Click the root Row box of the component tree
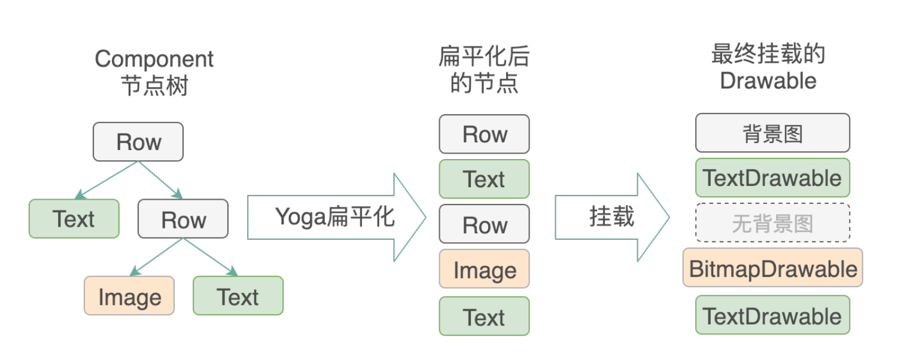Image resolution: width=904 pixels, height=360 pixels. (x=138, y=142)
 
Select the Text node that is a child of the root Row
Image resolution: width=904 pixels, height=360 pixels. (x=74, y=219)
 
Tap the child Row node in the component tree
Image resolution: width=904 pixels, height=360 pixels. (x=183, y=219)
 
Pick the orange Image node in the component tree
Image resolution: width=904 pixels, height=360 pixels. (x=129, y=296)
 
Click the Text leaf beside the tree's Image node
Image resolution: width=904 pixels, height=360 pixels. (x=238, y=296)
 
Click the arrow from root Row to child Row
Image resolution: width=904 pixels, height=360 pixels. (x=160, y=179)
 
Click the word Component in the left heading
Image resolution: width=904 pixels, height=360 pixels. (x=154, y=59)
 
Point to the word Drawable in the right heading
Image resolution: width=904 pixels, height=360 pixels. (x=768, y=81)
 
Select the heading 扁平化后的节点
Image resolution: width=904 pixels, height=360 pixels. (x=484, y=71)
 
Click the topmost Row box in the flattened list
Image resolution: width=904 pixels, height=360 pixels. (x=484, y=134)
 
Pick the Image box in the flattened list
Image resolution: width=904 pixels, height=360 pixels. (x=484, y=269)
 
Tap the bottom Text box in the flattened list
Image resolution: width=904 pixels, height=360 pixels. (x=484, y=316)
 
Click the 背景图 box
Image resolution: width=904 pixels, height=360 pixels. (x=772, y=133)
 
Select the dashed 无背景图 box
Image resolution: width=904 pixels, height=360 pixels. (x=772, y=223)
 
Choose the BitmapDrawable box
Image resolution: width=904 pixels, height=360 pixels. (x=772, y=269)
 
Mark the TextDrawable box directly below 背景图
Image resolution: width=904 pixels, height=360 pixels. (x=772, y=178)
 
